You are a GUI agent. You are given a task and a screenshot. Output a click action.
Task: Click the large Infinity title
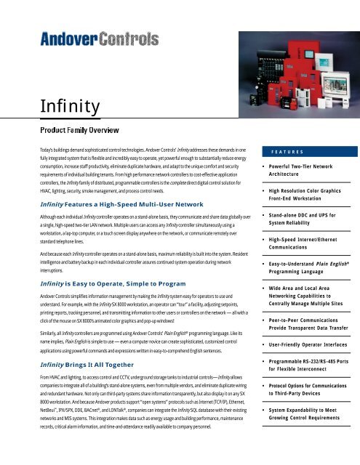pyautogui.click(x=45, y=109)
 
